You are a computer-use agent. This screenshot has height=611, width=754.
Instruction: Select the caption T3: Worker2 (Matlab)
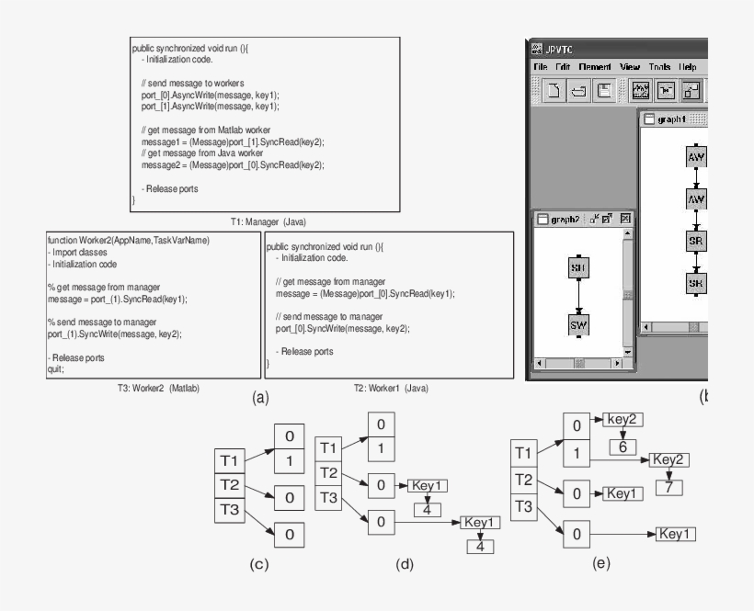[154, 388]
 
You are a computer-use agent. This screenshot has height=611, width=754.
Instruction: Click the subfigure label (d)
[404, 563]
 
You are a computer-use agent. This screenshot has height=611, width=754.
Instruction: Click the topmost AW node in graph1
[697, 157]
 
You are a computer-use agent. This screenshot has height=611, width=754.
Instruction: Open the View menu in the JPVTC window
[630, 67]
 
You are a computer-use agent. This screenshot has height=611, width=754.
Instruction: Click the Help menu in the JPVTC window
[688, 67]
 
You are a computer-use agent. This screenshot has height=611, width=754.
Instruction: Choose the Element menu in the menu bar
[595, 67]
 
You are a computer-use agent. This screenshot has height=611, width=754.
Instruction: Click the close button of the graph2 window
[625, 219]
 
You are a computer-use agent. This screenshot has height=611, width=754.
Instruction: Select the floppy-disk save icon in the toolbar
[604, 91]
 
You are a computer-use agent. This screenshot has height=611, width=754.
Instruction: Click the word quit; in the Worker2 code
[56, 368]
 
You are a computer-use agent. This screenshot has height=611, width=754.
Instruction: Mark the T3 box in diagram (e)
[524, 506]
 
